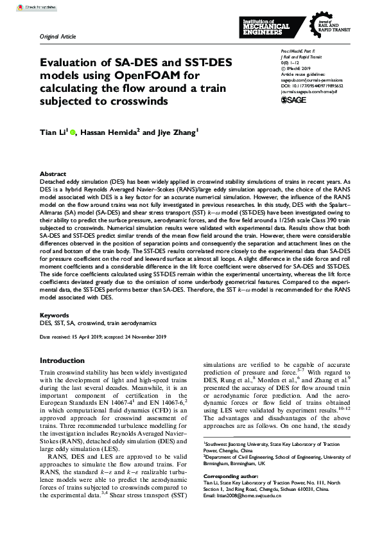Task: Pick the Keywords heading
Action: click(x=55, y=316)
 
